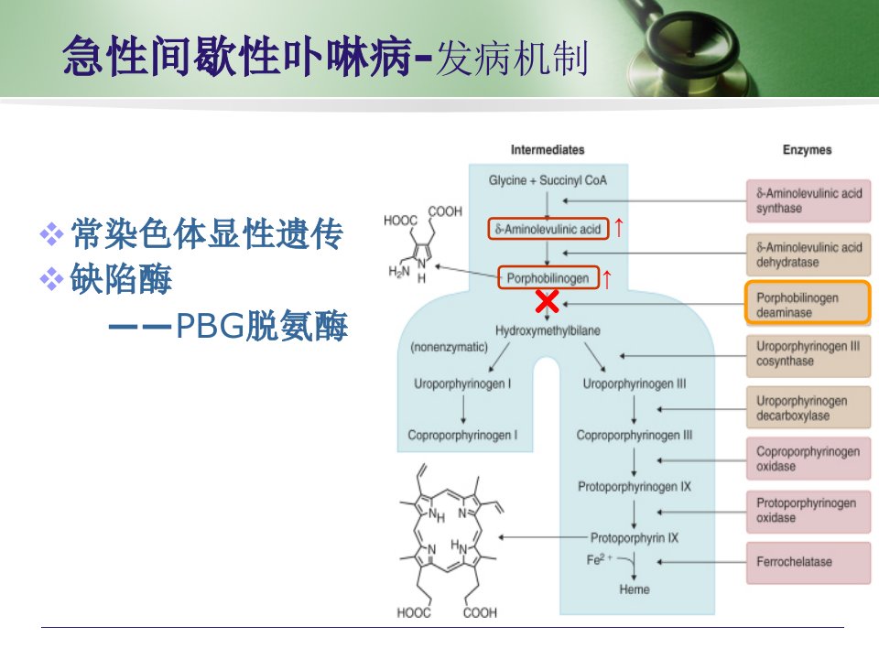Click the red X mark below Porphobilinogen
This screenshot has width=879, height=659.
(548, 301)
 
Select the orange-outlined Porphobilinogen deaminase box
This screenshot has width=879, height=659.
(808, 303)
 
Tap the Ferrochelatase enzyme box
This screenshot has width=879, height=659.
(808, 563)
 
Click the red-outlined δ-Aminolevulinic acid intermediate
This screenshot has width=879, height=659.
(548, 229)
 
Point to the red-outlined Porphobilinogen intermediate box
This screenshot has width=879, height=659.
(548, 277)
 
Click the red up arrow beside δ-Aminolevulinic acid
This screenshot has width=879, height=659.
(619, 228)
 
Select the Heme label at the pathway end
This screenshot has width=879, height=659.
(634, 589)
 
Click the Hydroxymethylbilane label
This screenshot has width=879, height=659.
(548, 330)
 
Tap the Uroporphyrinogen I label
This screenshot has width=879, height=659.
(462, 384)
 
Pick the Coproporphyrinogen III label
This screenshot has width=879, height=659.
(634, 436)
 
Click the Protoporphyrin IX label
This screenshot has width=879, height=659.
(634, 538)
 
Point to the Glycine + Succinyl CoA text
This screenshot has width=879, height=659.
(548, 180)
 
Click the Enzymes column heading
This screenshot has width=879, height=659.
(808, 149)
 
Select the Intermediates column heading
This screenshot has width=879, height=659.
(548, 149)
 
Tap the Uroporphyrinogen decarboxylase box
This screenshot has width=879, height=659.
(808, 408)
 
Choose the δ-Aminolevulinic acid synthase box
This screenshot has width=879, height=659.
(808, 200)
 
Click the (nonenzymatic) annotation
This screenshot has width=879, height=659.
(449, 347)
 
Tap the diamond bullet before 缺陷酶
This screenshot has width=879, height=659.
(51, 278)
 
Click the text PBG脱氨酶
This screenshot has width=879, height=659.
(262, 326)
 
